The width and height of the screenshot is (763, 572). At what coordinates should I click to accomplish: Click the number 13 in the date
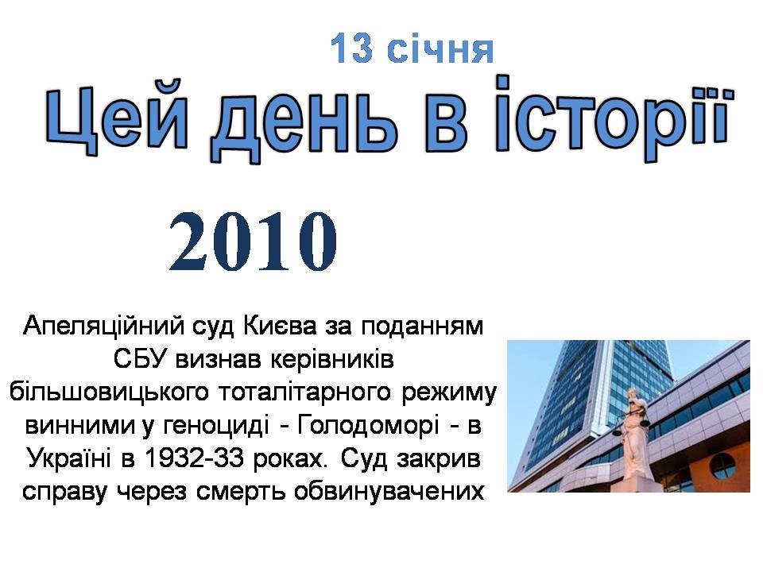click(x=351, y=48)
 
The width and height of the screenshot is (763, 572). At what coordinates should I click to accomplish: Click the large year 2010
click(x=253, y=242)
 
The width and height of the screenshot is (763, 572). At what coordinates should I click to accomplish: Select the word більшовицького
click(x=109, y=392)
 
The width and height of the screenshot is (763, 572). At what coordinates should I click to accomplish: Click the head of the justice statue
click(x=633, y=394)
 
